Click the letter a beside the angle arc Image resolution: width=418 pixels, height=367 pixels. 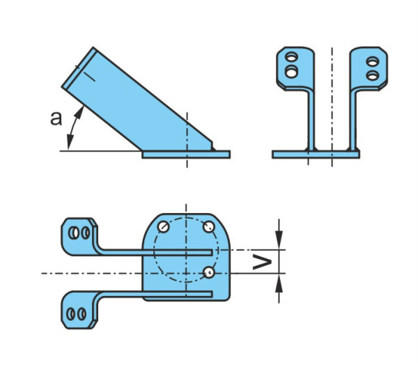56,118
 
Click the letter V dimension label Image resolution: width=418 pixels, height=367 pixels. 262,262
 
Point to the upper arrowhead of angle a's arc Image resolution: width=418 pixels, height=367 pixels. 79,112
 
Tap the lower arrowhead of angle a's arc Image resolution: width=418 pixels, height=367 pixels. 70,142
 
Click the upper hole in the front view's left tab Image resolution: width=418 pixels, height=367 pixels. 291,57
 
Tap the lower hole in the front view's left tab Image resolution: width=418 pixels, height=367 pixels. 291,72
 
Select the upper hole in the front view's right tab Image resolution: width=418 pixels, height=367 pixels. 373,62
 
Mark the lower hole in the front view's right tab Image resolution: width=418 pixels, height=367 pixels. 373,75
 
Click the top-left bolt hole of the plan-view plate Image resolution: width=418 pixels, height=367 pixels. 163,227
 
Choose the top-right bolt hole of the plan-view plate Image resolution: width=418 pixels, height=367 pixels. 209,227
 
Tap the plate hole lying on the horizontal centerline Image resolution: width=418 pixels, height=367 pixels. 209,272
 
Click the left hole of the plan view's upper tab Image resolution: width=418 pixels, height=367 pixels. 73,233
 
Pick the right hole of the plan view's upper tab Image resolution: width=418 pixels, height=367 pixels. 85,233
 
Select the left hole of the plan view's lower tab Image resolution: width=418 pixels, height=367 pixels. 71,313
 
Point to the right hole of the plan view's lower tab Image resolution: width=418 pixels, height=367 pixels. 82,313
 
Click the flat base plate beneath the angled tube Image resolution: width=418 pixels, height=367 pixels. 186,155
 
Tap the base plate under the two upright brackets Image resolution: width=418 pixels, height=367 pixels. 316,155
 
